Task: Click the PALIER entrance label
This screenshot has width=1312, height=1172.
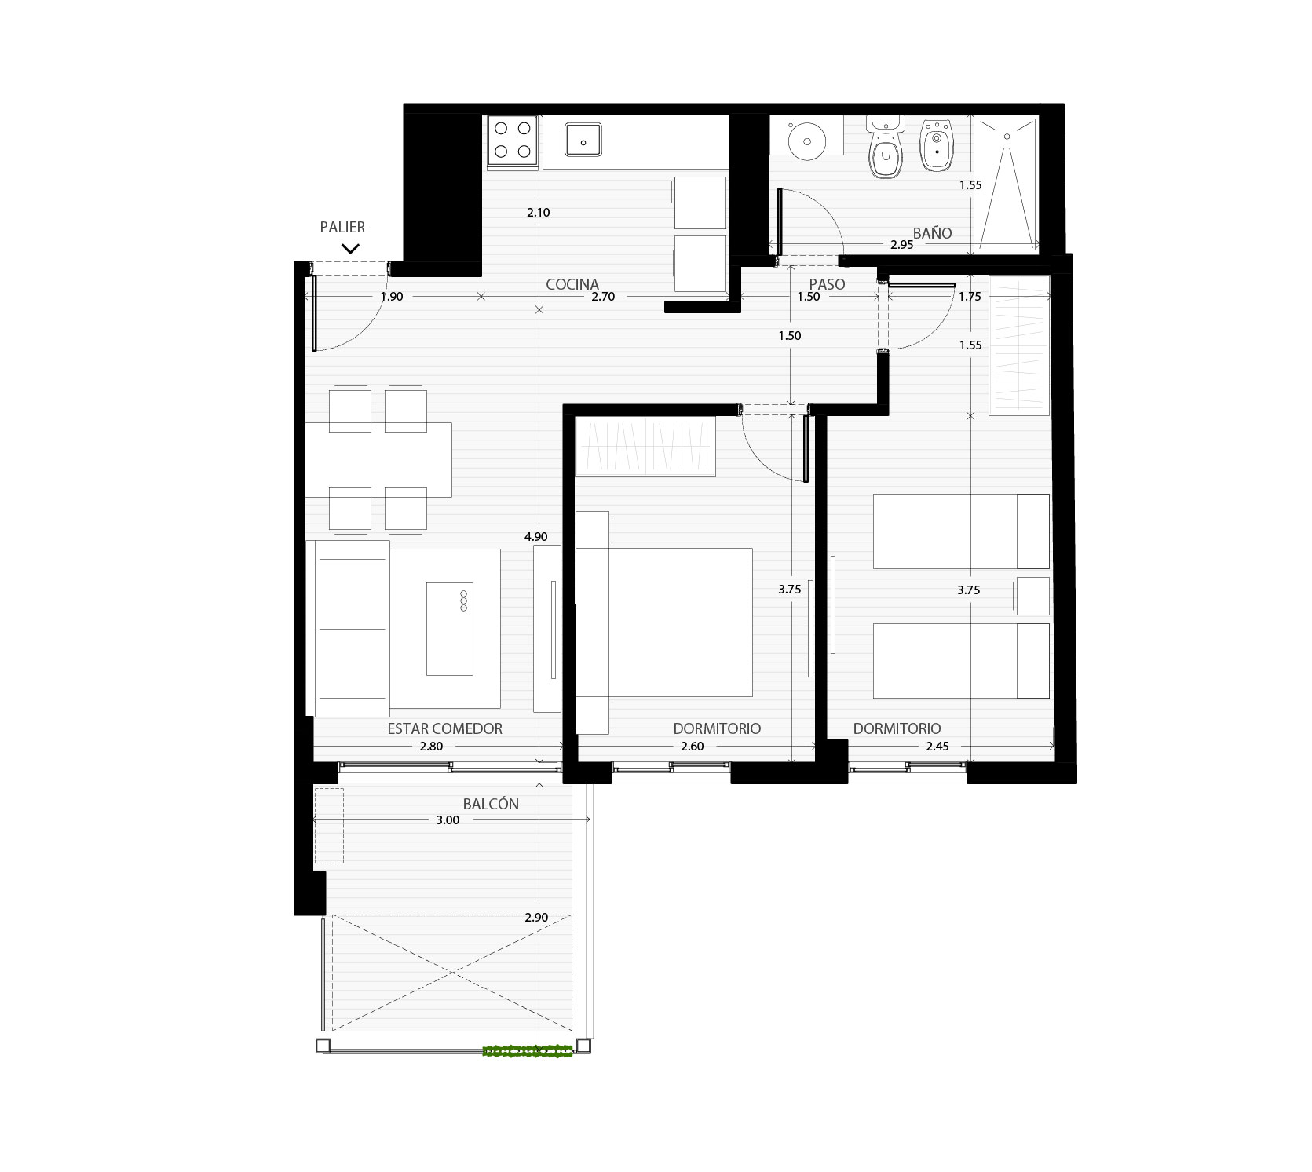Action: pyautogui.click(x=342, y=227)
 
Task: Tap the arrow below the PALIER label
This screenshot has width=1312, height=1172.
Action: pyautogui.click(x=350, y=248)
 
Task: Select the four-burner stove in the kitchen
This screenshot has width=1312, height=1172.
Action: pyautogui.click(x=513, y=141)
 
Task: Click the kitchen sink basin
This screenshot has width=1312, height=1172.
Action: pyautogui.click(x=583, y=141)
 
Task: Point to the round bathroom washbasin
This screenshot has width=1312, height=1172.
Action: pyautogui.click(x=806, y=142)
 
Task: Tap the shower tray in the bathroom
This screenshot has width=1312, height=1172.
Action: pyautogui.click(x=1006, y=184)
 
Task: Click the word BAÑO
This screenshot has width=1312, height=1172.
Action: pyautogui.click(x=932, y=233)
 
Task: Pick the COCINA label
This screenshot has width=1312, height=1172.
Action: pyautogui.click(x=572, y=284)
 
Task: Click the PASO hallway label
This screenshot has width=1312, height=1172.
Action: pyautogui.click(x=827, y=284)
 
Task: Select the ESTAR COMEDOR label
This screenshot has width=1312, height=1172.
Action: pyautogui.click(x=444, y=728)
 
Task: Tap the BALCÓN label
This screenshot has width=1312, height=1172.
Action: pyautogui.click(x=491, y=804)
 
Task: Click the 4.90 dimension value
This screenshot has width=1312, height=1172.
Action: pyautogui.click(x=535, y=537)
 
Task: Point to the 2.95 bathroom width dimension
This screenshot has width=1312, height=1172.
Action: pyautogui.click(x=901, y=245)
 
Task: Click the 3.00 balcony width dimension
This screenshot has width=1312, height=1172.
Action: pyautogui.click(x=448, y=820)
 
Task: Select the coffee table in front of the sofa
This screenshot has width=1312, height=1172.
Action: pyautogui.click(x=450, y=629)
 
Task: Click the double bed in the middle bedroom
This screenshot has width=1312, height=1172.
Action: pyautogui.click(x=664, y=622)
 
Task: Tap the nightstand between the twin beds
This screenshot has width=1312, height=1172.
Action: pyautogui.click(x=1032, y=596)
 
